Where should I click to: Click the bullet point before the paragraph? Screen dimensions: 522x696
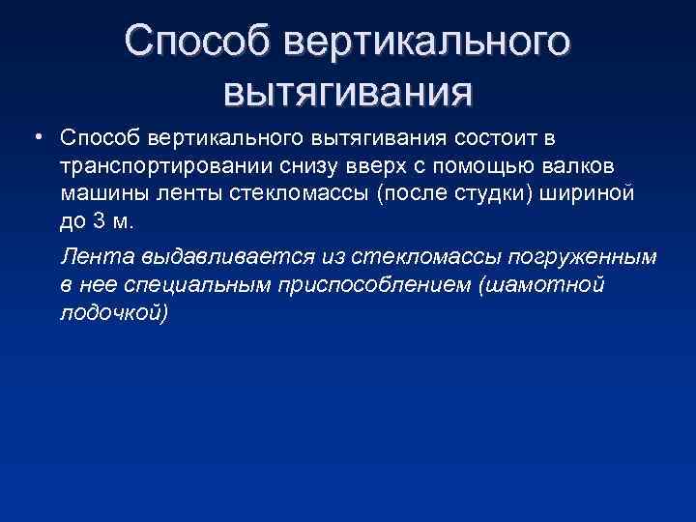point(35,137)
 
